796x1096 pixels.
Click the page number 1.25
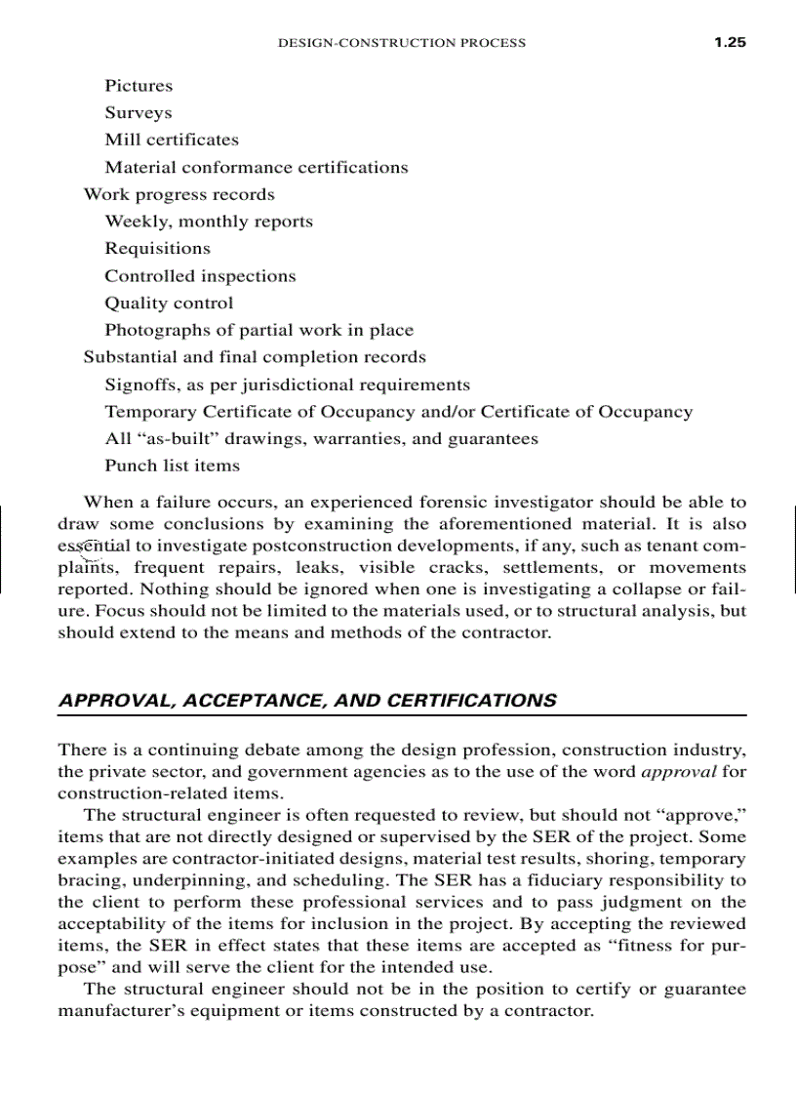pos(729,42)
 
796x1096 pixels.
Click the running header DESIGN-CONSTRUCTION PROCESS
pos(402,43)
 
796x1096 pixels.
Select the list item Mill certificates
pos(172,140)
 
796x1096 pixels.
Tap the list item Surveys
pos(139,113)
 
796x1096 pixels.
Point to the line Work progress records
pos(179,194)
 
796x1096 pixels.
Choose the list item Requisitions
pos(158,249)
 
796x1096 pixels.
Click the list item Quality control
pos(169,303)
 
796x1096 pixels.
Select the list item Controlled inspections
pos(200,276)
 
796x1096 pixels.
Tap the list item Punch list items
pos(173,466)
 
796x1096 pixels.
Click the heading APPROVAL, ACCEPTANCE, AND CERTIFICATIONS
pos(307,701)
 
